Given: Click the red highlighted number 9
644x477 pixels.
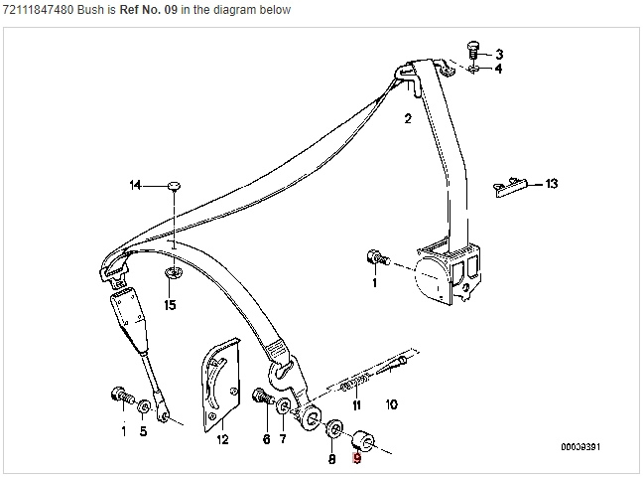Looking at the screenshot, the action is pyautogui.click(x=356, y=458).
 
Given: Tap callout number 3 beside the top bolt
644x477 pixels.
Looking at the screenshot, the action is pyautogui.click(x=499, y=54).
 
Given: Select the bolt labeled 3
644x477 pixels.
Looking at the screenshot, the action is pyautogui.click(x=473, y=50).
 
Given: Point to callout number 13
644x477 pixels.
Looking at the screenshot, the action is pyautogui.click(x=552, y=184).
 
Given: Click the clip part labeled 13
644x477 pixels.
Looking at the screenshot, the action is pyautogui.click(x=510, y=187).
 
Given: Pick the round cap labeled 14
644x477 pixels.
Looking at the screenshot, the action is pyautogui.click(x=175, y=186).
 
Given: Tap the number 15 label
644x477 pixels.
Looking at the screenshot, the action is pyautogui.click(x=170, y=305).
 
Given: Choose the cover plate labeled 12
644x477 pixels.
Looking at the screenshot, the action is pyautogui.click(x=221, y=385).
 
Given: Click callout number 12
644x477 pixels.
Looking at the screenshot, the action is pyautogui.click(x=222, y=439).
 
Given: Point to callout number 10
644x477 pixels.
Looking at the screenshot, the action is pyautogui.click(x=391, y=404).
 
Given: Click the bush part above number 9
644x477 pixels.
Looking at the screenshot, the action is pyautogui.click(x=363, y=440).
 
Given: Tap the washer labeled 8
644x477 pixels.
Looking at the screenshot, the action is pyautogui.click(x=334, y=429).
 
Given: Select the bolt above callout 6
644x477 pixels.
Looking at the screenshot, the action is pyautogui.click(x=263, y=397).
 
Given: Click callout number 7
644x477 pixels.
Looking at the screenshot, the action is pyautogui.click(x=283, y=439).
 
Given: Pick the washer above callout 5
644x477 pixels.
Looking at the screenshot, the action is pyautogui.click(x=144, y=406).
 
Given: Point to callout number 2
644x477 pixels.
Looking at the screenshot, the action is pyautogui.click(x=408, y=119).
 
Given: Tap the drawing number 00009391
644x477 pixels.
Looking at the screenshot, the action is pyautogui.click(x=580, y=446).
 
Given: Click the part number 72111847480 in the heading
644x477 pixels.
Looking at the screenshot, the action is pyautogui.click(x=39, y=10).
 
